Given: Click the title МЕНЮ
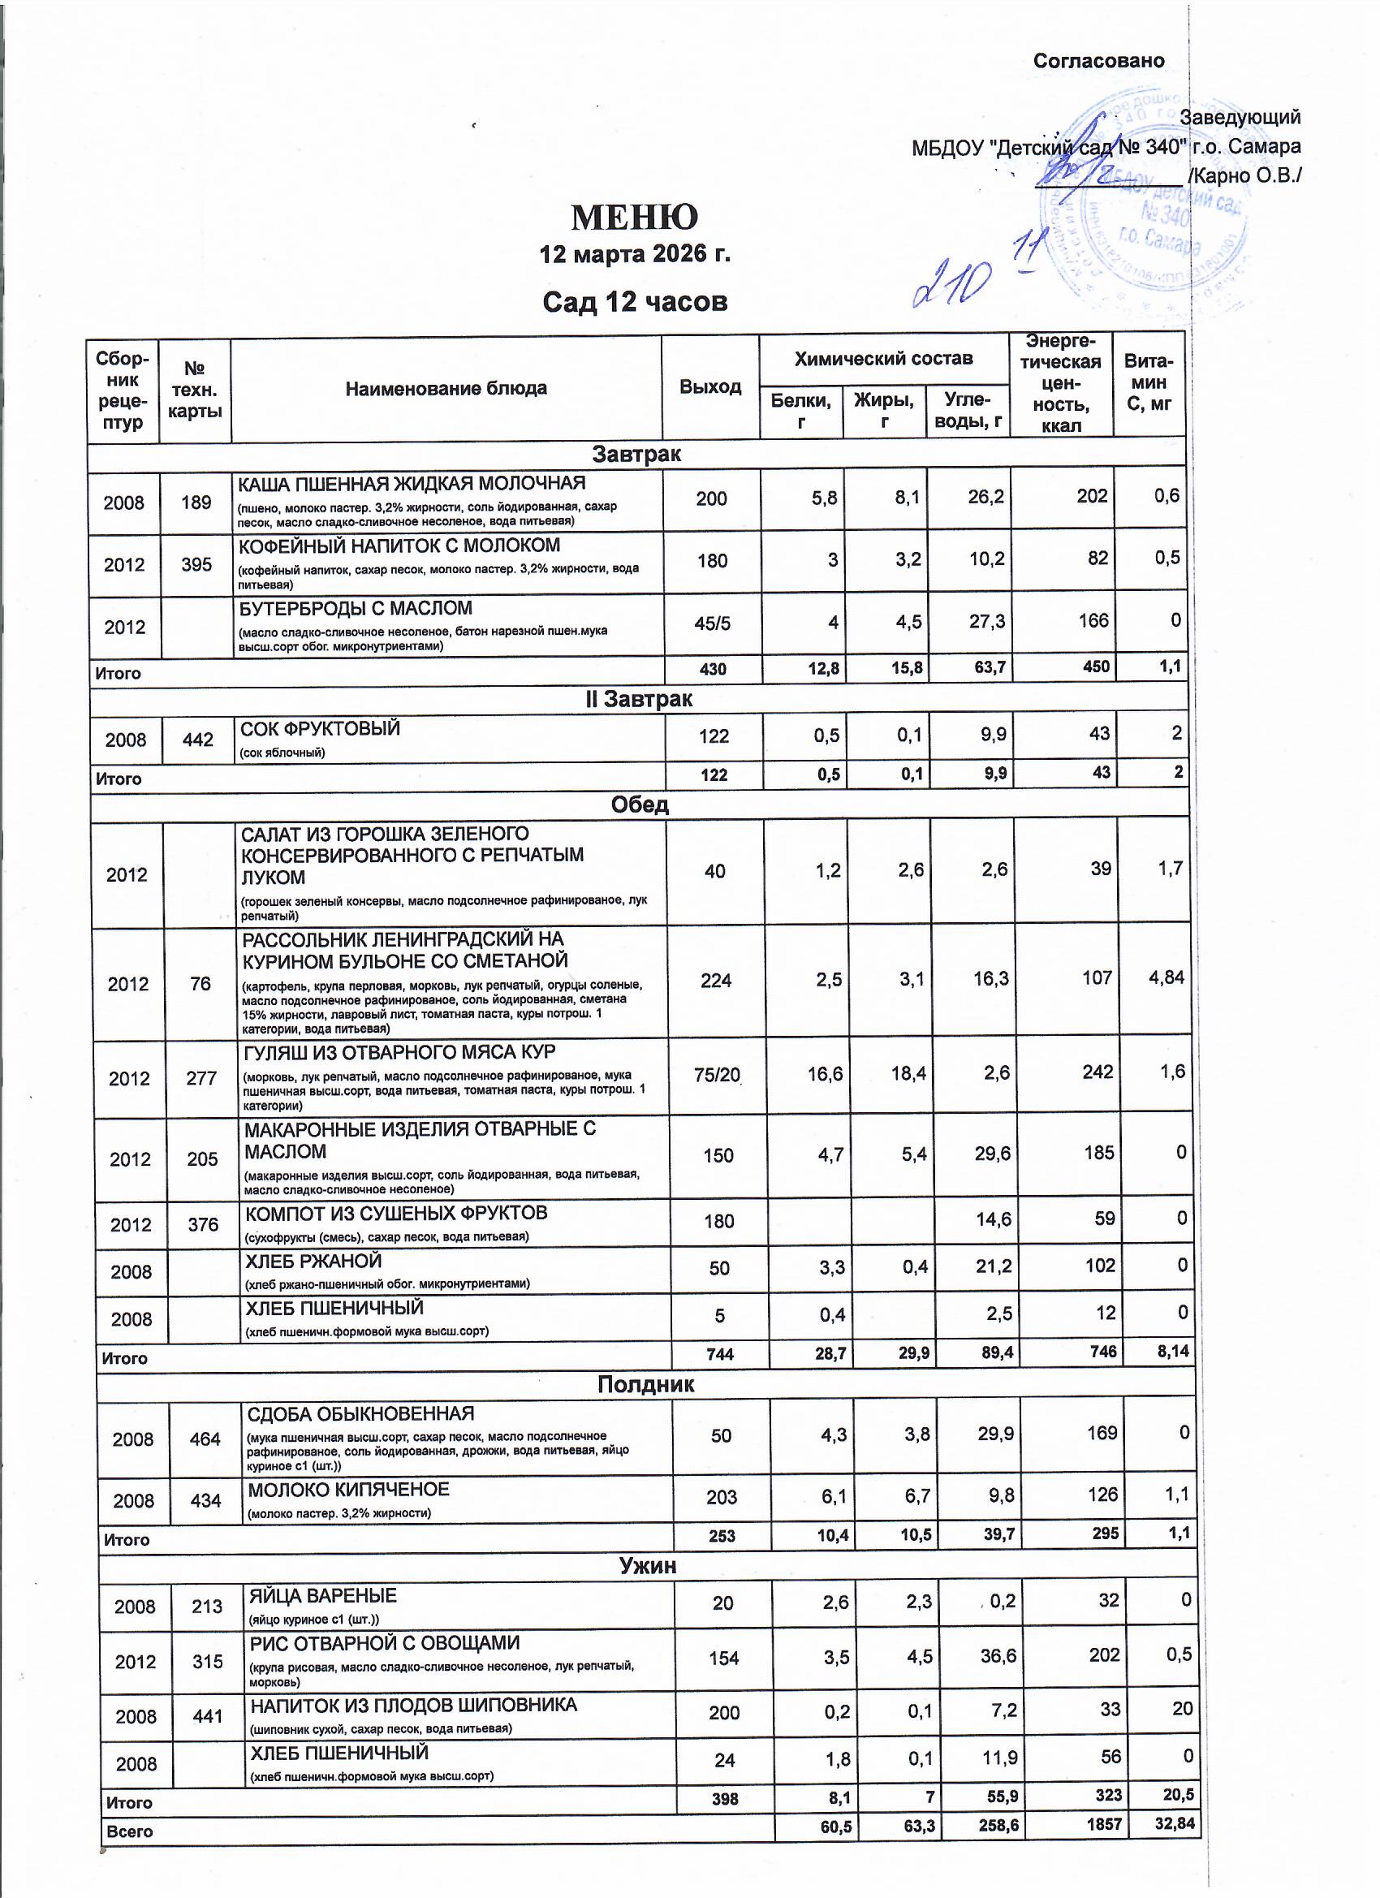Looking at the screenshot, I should (x=634, y=218).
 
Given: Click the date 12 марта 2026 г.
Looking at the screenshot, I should (x=634, y=253).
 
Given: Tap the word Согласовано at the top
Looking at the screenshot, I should (x=1098, y=61).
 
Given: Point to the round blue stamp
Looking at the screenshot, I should (x=1146, y=201).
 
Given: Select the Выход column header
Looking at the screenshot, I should (x=709, y=386).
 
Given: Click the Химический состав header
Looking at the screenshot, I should (x=883, y=359).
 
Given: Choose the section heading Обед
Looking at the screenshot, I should (x=640, y=804).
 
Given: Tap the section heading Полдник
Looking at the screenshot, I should (x=645, y=1384).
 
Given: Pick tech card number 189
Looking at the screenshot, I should (x=196, y=503).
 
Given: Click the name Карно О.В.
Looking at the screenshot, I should (x=1247, y=175).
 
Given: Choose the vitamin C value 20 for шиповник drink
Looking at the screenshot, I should (x=1182, y=1708).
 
